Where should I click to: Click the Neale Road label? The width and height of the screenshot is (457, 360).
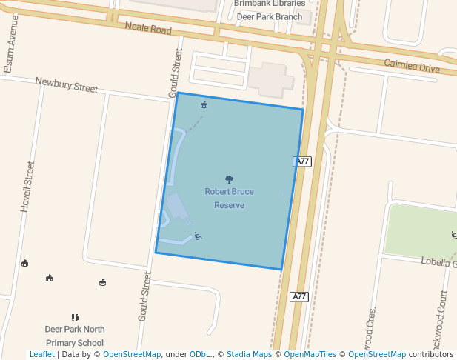tap(148, 28)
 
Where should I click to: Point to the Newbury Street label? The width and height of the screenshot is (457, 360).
tap(67, 84)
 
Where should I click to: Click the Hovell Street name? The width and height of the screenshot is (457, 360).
tap(27, 187)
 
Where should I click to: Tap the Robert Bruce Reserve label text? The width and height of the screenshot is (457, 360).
tap(229, 198)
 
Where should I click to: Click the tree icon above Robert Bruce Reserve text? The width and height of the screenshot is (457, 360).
tap(229, 179)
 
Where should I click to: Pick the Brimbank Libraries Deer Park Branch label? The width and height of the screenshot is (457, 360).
tap(268, 10)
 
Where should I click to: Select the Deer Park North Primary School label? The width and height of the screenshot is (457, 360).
tap(74, 336)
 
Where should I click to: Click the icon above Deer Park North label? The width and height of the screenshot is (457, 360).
tap(74, 317)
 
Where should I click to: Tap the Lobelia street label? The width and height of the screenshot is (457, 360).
tap(438, 261)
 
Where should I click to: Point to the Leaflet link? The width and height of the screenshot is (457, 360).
tap(41, 354)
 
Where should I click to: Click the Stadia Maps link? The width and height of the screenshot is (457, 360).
tap(249, 354)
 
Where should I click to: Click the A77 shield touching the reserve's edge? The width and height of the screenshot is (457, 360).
tap(301, 161)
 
